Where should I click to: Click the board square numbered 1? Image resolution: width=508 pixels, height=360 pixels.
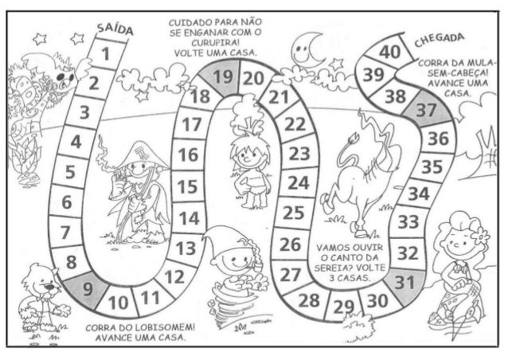[102, 54]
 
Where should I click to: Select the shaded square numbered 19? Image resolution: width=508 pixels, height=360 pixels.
[223, 77]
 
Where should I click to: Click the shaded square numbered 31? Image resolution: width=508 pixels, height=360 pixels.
[404, 283]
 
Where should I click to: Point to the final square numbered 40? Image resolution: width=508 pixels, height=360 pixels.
[389, 53]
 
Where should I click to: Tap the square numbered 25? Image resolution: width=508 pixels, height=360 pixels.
[293, 213]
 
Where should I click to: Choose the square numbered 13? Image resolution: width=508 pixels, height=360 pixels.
[185, 249]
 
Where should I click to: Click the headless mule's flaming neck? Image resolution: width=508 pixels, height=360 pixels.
[369, 127]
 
